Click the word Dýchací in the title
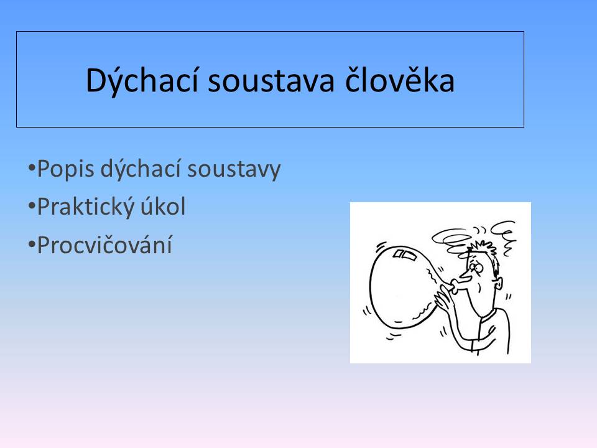tap(142, 80)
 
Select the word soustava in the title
tap(271, 81)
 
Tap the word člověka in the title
tap(399, 80)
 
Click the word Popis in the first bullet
tap(65, 169)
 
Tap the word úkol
tap(163, 206)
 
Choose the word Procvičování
tap(104, 245)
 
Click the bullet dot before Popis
tap(32, 167)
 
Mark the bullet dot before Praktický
tap(32, 206)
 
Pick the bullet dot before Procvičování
tap(32, 244)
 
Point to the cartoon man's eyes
tap(476, 266)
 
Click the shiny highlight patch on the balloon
tap(404, 254)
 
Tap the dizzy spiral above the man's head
tap(451, 240)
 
